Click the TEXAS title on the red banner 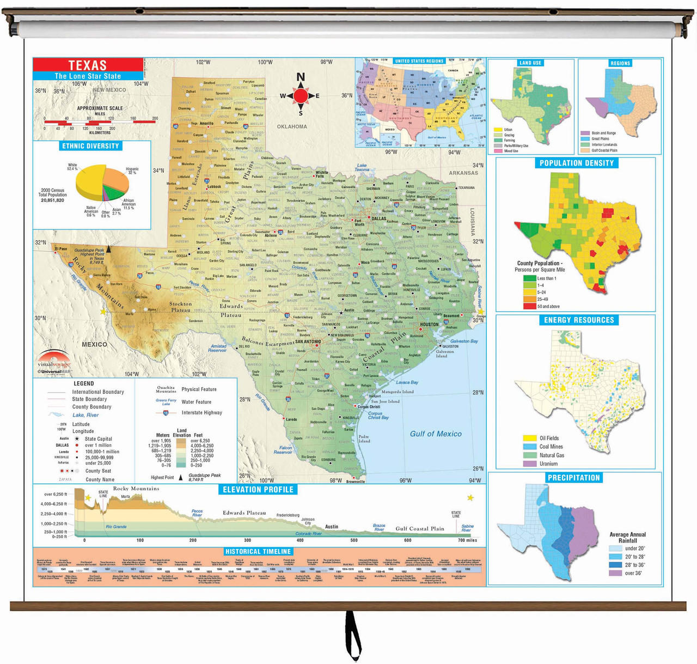coord(88,65)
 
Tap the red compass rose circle coord(301,96)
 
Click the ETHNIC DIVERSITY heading coord(90,146)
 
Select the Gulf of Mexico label coord(436,434)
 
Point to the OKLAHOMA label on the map coord(292,126)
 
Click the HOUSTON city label coord(429,324)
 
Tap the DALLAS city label coord(379,218)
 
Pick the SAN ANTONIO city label coord(308,342)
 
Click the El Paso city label coord(60,248)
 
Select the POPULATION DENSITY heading coord(577,163)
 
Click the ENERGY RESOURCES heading coord(579,320)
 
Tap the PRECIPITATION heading coord(574,478)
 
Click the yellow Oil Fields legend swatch coord(530,438)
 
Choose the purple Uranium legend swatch coord(530,464)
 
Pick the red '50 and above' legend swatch coord(529,306)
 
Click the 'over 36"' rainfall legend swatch coord(615,573)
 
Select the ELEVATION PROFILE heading coord(258,489)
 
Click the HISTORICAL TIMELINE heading coord(258,551)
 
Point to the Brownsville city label coord(356,482)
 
